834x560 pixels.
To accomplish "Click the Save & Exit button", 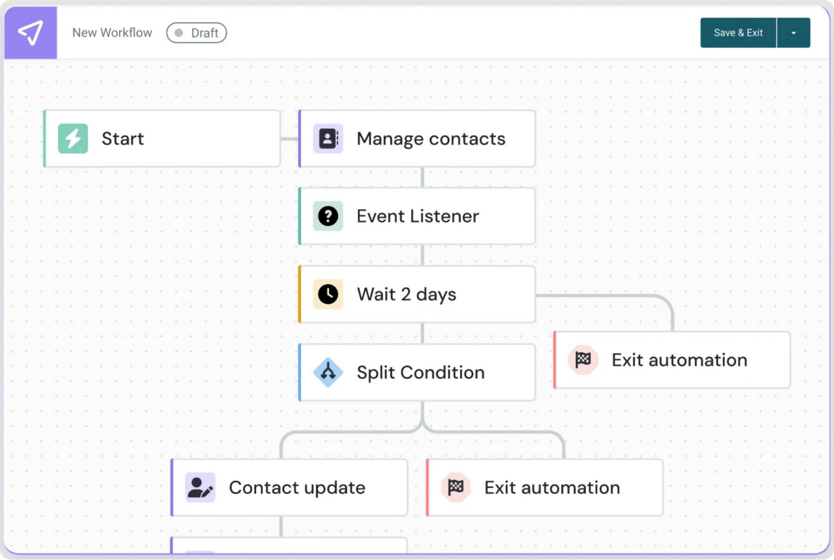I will (x=738, y=33).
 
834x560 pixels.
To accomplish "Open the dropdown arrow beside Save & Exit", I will (x=794, y=33).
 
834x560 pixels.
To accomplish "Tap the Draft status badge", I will (x=197, y=33).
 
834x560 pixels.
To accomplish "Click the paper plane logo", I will (x=31, y=33).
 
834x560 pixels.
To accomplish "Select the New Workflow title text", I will (x=112, y=33).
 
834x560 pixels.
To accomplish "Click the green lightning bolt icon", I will (x=73, y=138).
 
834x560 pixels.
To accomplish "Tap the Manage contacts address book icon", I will (x=328, y=138).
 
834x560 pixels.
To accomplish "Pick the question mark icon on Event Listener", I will (x=328, y=216).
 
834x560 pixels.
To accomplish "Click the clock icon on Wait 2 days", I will (x=328, y=294).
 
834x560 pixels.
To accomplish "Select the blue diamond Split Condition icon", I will (x=328, y=372).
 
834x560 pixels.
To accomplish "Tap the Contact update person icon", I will (x=200, y=487).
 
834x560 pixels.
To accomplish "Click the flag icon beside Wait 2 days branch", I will (x=583, y=360).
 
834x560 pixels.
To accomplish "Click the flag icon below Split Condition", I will (x=456, y=487).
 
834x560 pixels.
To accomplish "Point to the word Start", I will (x=123, y=138).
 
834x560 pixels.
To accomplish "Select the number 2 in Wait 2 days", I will (x=405, y=294).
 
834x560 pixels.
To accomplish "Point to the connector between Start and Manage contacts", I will (x=290, y=138).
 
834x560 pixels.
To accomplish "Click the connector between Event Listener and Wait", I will (x=422, y=255).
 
